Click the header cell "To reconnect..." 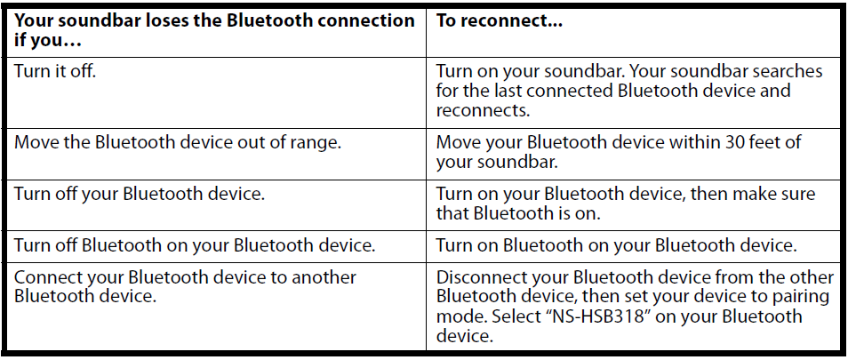click(x=500, y=20)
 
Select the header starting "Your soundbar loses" click(x=214, y=29)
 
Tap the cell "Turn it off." click(x=55, y=71)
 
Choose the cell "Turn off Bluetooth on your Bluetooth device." click(x=196, y=245)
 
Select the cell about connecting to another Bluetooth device click(x=185, y=286)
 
